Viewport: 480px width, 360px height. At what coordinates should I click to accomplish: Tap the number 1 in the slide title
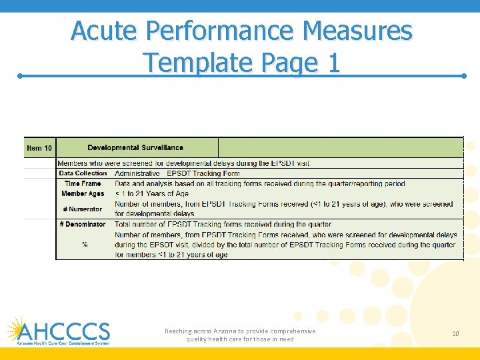point(333,63)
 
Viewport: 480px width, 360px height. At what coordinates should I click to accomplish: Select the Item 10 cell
point(39,148)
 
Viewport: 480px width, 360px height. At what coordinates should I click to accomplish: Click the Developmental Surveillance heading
point(135,147)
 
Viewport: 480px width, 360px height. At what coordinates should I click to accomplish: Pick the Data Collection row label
point(83,173)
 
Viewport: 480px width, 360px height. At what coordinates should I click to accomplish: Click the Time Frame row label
point(83,183)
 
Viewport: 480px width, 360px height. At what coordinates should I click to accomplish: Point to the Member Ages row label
point(83,193)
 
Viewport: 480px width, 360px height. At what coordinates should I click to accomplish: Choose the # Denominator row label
point(83,225)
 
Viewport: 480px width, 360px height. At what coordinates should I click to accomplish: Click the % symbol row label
point(85,245)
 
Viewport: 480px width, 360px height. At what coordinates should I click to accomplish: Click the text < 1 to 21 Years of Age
point(152,193)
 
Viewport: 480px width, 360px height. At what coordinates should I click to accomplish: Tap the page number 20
point(455,333)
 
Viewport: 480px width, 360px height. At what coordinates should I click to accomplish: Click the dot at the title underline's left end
point(20,76)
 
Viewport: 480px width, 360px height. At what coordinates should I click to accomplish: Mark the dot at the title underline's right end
point(463,76)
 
